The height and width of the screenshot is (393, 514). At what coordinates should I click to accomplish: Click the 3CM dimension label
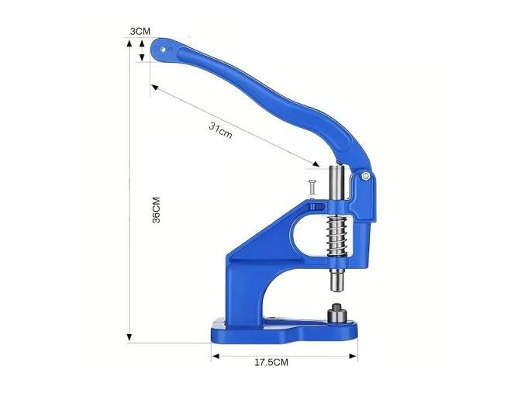(x=140, y=32)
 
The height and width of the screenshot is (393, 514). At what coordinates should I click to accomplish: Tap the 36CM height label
(x=157, y=210)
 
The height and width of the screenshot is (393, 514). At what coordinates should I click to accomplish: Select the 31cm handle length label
(x=220, y=130)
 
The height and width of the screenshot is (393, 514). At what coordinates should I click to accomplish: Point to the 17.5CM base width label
(x=271, y=363)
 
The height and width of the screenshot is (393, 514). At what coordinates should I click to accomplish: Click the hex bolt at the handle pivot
(x=364, y=176)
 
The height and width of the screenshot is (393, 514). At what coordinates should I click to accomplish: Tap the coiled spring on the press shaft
(x=336, y=236)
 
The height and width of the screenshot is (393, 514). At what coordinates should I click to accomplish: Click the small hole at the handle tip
(x=163, y=50)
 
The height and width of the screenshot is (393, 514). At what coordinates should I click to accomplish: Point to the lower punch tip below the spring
(x=337, y=279)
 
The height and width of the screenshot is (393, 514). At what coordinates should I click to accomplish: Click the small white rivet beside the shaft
(x=311, y=189)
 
